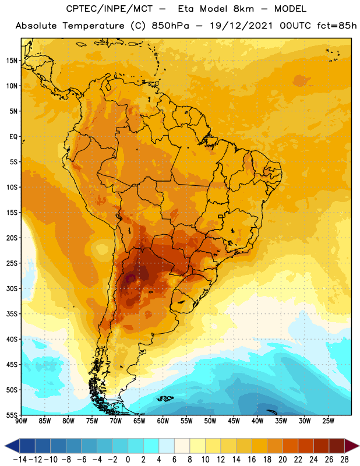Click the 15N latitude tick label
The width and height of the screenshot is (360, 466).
(x=12, y=61)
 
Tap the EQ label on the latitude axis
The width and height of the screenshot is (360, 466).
(x=13, y=137)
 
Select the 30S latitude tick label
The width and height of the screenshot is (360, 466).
(x=12, y=288)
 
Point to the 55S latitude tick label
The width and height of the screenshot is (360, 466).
(x=12, y=415)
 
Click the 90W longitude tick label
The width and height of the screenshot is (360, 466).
(x=22, y=421)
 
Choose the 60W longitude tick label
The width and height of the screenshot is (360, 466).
(x=163, y=421)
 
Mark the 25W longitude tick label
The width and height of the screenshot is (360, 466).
(x=328, y=421)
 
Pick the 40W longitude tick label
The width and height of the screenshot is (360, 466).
(x=257, y=421)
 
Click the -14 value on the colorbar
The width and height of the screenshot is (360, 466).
(x=20, y=460)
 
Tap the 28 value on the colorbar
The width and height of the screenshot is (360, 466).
(x=344, y=460)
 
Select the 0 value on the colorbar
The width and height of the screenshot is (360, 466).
(x=128, y=460)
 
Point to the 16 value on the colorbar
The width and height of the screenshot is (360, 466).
(x=252, y=460)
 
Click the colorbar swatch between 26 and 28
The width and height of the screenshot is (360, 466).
(x=337, y=446)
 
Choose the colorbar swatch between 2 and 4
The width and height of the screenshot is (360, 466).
(x=151, y=446)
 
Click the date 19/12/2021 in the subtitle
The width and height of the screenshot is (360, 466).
(x=241, y=26)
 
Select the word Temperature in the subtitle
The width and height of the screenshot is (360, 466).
(x=93, y=26)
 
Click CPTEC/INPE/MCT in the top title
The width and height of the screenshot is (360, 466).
(x=109, y=9)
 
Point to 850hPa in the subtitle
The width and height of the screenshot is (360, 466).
(x=170, y=26)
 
